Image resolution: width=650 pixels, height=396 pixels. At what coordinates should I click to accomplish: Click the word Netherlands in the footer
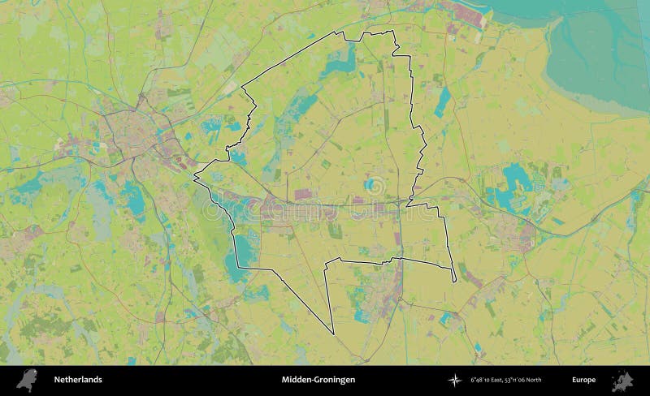click(78, 380)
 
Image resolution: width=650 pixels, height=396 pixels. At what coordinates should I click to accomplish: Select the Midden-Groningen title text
click(318, 380)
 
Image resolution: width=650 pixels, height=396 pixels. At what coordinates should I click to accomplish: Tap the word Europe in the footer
click(583, 380)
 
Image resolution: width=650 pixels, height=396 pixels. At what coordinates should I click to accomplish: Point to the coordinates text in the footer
click(506, 380)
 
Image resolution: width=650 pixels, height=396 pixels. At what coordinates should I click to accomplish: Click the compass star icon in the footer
click(454, 380)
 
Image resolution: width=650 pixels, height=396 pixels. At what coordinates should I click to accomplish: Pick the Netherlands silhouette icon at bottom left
click(27, 380)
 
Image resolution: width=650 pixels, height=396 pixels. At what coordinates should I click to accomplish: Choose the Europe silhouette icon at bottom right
click(622, 380)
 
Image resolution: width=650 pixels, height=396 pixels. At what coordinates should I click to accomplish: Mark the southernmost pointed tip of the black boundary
click(333, 334)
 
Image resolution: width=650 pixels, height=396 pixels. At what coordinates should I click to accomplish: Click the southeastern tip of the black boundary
click(454, 282)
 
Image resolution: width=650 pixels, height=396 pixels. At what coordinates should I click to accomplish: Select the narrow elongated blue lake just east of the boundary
click(443, 101)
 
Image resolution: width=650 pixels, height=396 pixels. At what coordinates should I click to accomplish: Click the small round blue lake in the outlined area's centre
click(370, 185)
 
